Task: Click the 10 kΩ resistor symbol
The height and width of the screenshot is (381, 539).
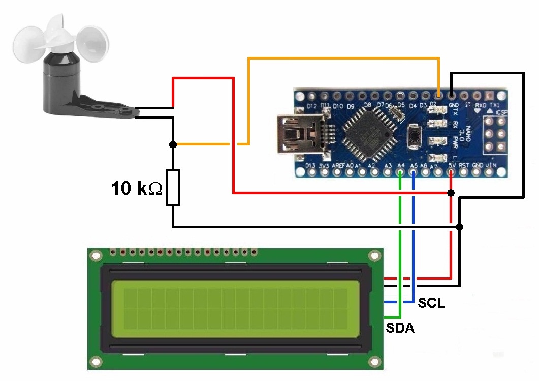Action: click(x=173, y=188)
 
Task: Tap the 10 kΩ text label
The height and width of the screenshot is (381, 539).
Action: click(x=137, y=189)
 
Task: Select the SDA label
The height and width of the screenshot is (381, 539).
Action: click(x=399, y=328)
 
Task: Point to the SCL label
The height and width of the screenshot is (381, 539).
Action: click(x=431, y=303)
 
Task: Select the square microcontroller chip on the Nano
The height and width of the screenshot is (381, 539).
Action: click(x=369, y=134)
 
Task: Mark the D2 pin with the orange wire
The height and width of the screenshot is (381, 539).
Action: click(x=438, y=95)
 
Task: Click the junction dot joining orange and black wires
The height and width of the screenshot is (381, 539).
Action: click(x=173, y=144)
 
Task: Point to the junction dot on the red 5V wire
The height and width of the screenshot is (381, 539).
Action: click(x=451, y=193)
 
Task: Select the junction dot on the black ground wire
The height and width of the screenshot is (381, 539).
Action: click(x=460, y=227)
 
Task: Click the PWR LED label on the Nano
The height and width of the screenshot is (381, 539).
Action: click(x=455, y=141)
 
